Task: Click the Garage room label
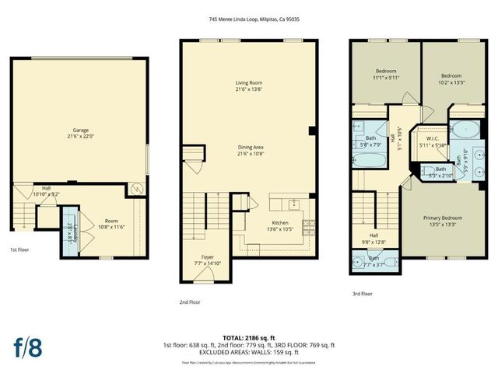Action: pos(79,131)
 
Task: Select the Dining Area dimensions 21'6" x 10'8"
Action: pos(250,154)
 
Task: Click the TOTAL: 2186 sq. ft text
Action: pos(249,338)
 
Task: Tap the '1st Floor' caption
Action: pos(20,249)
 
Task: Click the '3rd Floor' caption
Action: pos(362,294)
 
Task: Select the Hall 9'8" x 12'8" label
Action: pos(373,238)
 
